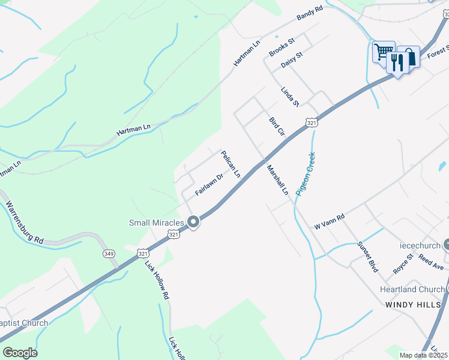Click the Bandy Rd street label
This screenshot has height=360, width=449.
pos(310,14)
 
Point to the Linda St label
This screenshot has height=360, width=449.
pos(290,97)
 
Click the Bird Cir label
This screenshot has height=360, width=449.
pos(276,127)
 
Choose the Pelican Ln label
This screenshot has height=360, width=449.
pos(231,164)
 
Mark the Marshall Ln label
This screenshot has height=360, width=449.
pos(278,180)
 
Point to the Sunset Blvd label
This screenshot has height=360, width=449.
pos(367,257)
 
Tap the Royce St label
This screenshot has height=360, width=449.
pos(403,265)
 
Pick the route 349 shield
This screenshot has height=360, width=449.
pos(109,253)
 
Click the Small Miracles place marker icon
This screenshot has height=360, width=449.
pos(193,223)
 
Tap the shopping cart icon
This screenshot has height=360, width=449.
pos(382,50)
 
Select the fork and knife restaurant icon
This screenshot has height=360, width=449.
pos(397,61)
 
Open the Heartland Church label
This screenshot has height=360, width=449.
pos(412,289)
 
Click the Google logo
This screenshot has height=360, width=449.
pos(20,352)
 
